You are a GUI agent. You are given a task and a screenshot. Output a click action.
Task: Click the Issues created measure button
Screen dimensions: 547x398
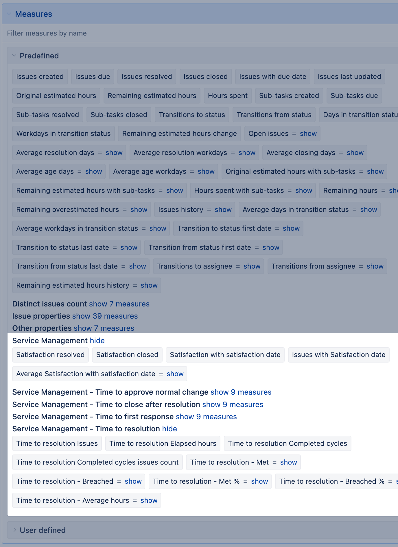[x=40, y=77]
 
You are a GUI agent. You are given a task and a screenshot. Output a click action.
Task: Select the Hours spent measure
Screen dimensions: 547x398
[x=228, y=96]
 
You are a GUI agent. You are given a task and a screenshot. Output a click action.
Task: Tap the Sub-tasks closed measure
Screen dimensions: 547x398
[x=119, y=115]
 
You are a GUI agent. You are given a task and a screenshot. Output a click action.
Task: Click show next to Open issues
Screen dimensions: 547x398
[x=308, y=134]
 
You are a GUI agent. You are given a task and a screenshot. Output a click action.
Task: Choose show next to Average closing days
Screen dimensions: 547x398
[x=355, y=153]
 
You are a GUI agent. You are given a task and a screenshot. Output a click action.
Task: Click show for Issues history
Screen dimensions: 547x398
[x=223, y=210]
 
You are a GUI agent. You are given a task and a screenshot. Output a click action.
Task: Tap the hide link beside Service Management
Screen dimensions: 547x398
[x=97, y=341]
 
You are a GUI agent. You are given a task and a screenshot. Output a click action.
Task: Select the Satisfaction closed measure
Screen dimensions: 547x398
[x=127, y=355]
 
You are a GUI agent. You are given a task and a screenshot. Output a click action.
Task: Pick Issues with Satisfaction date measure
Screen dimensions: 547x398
[x=338, y=355]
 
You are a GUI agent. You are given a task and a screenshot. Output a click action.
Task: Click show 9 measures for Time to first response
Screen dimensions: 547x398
[x=206, y=417]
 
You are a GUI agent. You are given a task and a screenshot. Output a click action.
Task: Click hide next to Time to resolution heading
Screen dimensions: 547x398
[x=169, y=429]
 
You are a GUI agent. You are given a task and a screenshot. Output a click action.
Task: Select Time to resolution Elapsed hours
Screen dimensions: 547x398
[x=163, y=443]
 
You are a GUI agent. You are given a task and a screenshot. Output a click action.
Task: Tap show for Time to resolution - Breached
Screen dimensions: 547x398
[x=133, y=481]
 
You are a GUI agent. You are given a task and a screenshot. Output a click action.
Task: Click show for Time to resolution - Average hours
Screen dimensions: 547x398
[x=149, y=500]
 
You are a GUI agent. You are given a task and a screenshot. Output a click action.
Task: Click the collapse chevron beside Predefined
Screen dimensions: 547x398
[x=14, y=56]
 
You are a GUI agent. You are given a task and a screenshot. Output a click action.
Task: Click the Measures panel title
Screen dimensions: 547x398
[x=34, y=14]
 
